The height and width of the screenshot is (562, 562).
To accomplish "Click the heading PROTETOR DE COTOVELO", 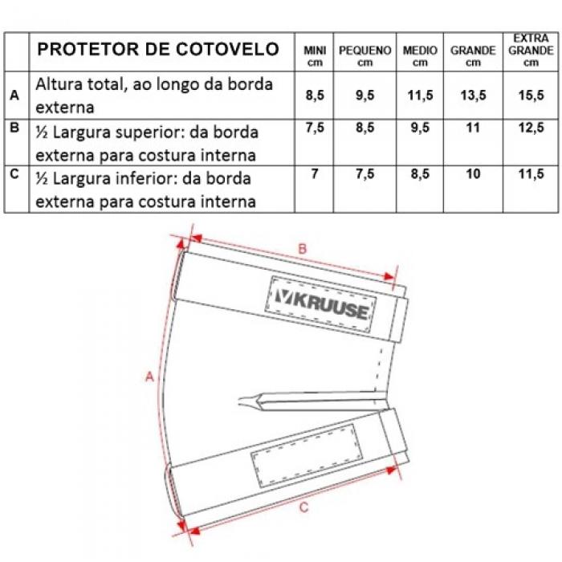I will pyautogui.click(x=159, y=49).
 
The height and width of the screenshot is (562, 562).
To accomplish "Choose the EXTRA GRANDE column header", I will pyautogui.click(x=531, y=50).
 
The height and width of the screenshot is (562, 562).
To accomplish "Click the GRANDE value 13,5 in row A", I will pyautogui.click(x=473, y=96).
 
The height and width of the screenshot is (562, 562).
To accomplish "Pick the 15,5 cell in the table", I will pyautogui.click(x=531, y=96).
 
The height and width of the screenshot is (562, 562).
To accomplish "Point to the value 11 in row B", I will pyautogui.click(x=473, y=128).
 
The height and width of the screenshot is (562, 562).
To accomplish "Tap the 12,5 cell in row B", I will pyautogui.click(x=531, y=128).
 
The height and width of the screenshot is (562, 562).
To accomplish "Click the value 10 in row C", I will pyautogui.click(x=473, y=174).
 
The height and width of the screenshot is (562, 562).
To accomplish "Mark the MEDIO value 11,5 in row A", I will pyautogui.click(x=420, y=96).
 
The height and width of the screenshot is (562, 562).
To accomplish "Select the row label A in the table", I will pyautogui.click(x=15, y=96).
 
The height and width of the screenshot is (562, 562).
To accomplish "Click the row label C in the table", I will pyautogui.click(x=15, y=174).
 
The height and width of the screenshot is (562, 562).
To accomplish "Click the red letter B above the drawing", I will pyautogui.click(x=303, y=249).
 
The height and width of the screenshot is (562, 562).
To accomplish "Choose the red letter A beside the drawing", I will pyautogui.click(x=149, y=375).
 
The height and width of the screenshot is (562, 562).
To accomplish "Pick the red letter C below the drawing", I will pyautogui.click(x=303, y=507).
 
